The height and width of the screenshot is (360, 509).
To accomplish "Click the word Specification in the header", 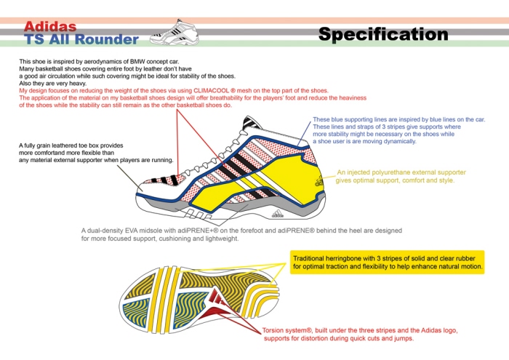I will click(382, 33).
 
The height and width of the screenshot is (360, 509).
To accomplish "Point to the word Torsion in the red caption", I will click(276, 329).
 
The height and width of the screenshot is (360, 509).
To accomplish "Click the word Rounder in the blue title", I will click(109, 39).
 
